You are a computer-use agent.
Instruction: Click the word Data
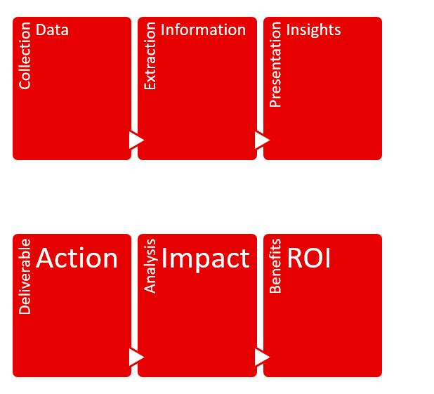pos(52,30)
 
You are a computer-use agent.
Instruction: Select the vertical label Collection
pos(25,55)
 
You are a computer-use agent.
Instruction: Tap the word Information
pos(203,30)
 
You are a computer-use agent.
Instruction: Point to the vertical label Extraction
pos(150,56)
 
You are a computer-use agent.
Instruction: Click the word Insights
pos(313,30)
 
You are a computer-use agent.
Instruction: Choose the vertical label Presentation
pos(275,65)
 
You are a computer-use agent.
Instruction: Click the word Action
pos(77,258)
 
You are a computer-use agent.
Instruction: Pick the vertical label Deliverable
pos(25,276)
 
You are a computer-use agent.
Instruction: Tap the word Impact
pos(205,260)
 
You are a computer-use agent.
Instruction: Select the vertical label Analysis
pos(150,266)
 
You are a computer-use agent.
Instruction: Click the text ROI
pos(309,258)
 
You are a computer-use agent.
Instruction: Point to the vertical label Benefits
pos(275,265)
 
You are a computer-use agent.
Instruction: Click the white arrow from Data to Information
pos(136,140)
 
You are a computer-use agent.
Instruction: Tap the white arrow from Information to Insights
pos(262,140)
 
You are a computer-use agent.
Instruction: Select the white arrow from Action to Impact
pos(136,357)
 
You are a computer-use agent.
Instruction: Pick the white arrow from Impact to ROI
pos(262,357)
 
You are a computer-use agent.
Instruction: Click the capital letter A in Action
pos(46,258)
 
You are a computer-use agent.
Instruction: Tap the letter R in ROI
pos(296,258)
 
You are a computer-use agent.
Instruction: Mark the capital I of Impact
pos(164,258)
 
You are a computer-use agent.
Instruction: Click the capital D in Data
pos(41,30)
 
